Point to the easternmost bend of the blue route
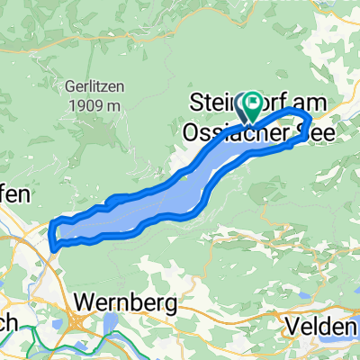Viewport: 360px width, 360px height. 310,120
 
